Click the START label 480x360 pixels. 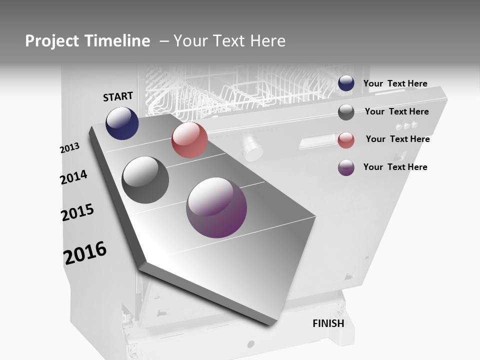pyautogui.click(x=118, y=96)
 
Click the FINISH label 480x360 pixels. pyautogui.click(x=328, y=323)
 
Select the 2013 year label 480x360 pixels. pyautogui.click(x=69, y=148)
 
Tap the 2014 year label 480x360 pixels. pyautogui.click(x=73, y=177)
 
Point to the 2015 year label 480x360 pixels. pyautogui.click(x=77, y=212)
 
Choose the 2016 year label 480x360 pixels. pyautogui.click(x=85, y=253)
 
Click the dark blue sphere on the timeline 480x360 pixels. pyautogui.click(x=122, y=123)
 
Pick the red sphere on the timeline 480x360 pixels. pyautogui.click(x=189, y=140)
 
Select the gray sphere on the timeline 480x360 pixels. pyautogui.click(x=145, y=180)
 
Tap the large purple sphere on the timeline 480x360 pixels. pyautogui.click(x=216, y=207)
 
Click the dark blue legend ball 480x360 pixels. pyautogui.click(x=346, y=83)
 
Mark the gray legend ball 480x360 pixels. pyautogui.click(x=346, y=112)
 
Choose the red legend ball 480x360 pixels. pyautogui.click(x=346, y=140)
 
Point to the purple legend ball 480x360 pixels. pyautogui.click(x=346, y=167)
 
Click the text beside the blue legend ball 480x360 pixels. pyautogui.click(x=395, y=83)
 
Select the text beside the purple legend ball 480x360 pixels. pyautogui.click(x=395, y=167)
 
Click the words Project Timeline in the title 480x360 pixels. pyautogui.click(x=87, y=41)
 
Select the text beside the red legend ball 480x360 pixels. pyautogui.click(x=397, y=139)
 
